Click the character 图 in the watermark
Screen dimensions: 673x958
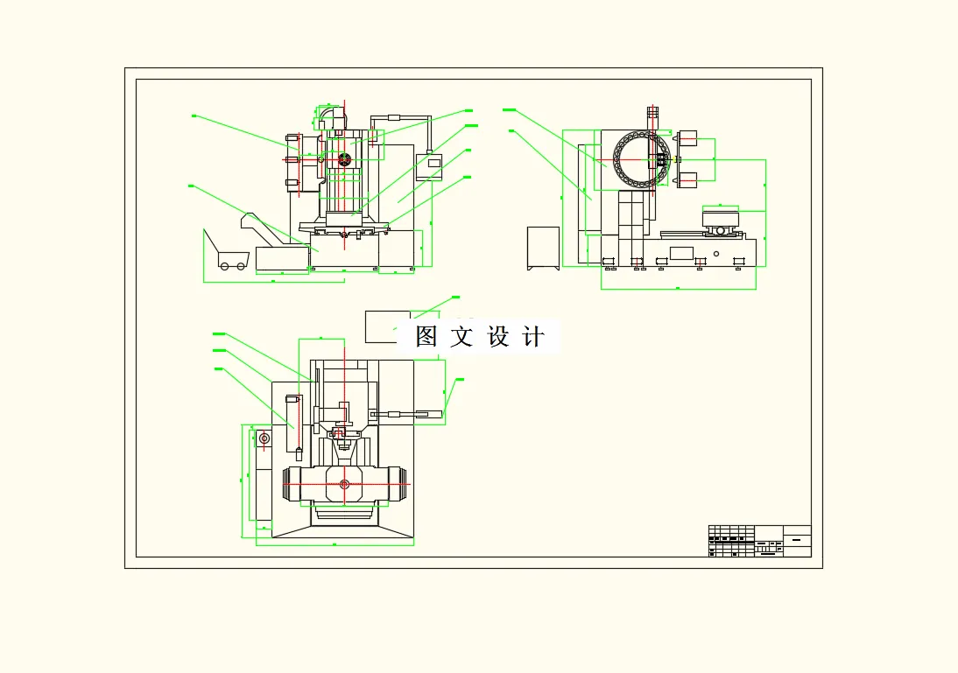point(426,337)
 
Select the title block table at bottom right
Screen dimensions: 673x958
point(759,541)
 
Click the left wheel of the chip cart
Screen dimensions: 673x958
point(224,265)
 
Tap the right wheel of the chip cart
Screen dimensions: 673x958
point(240,265)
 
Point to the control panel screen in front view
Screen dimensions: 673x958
point(429,164)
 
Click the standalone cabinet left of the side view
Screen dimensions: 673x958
point(543,248)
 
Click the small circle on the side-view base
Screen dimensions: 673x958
point(716,254)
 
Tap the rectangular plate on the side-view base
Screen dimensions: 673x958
point(680,253)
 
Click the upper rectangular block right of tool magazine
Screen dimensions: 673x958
point(687,137)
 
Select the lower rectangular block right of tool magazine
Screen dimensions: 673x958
point(687,179)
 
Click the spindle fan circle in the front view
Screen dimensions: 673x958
point(344,160)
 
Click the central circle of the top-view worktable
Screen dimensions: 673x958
point(344,484)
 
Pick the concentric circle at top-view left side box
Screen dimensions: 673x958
point(264,438)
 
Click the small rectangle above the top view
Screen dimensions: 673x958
point(387,326)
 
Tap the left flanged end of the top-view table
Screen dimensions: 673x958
point(292,485)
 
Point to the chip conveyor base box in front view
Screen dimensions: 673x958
point(282,260)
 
